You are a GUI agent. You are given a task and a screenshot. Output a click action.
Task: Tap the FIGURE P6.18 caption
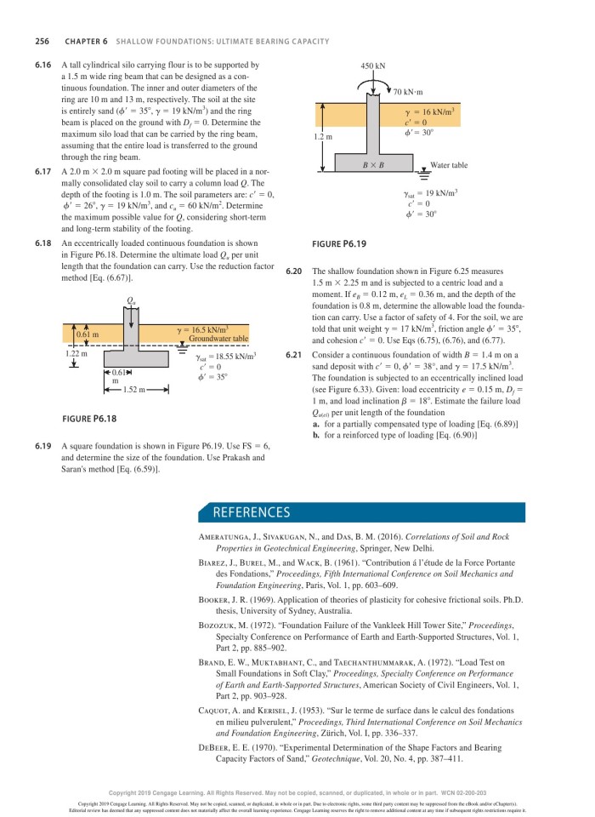(89, 419)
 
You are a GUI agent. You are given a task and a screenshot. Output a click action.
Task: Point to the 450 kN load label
(372, 66)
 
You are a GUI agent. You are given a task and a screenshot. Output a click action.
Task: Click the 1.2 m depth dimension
(323, 136)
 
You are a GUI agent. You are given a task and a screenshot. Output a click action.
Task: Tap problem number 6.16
(43, 65)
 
